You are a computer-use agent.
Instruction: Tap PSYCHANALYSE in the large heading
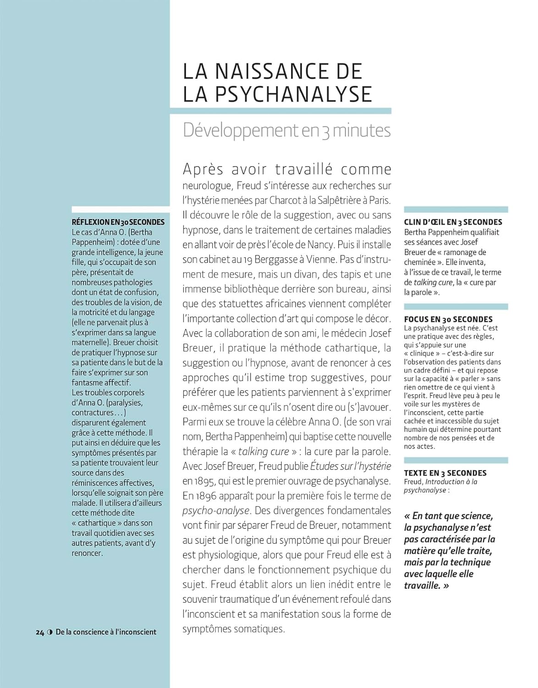click(x=293, y=94)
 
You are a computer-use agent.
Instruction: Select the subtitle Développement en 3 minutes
click(x=286, y=130)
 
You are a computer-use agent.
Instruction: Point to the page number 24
click(x=40, y=632)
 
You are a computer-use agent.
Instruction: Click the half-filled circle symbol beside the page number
click(x=50, y=632)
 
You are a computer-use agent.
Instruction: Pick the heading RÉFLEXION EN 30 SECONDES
click(x=118, y=222)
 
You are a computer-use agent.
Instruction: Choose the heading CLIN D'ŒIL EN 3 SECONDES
click(x=453, y=222)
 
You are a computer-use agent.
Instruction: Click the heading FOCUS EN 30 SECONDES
click(x=448, y=319)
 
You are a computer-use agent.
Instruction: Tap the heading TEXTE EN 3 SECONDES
click(x=445, y=473)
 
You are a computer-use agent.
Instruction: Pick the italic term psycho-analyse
click(x=216, y=510)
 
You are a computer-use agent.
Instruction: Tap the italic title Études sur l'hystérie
click(x=351, y=466)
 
